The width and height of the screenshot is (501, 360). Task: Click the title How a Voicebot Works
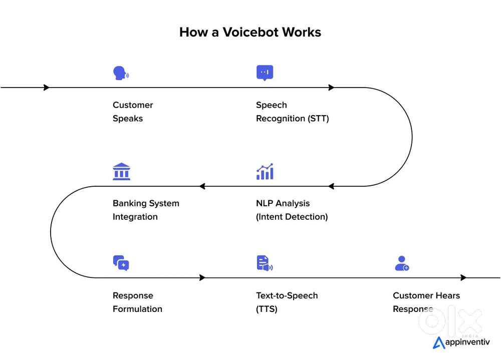(250, 33)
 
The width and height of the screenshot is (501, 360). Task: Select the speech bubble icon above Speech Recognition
(265, 73)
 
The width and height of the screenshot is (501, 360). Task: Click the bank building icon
(121, 171)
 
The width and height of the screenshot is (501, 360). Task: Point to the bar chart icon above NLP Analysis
(265, 171)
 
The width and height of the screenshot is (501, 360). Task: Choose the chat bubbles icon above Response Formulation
(121, 263)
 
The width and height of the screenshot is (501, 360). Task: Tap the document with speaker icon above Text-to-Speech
(264, 263)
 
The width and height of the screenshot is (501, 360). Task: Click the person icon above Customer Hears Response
(402, 263)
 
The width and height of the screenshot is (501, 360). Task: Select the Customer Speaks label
(133, 112)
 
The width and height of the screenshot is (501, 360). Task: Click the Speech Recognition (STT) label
(292, 112)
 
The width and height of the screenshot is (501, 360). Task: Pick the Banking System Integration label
(146, 210)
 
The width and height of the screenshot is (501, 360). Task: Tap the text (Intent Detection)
(292, 217)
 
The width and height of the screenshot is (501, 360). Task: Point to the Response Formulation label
(137, 302)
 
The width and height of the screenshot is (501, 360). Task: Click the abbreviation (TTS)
(267, 309)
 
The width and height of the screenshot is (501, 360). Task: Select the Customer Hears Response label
(426, 302)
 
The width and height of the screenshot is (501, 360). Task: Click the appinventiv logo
(461, 342)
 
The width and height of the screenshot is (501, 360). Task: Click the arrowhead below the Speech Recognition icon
(331, 88)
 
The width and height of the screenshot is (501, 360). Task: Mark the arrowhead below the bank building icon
(202, 186)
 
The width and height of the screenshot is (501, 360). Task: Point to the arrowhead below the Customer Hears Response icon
(464, 277)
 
